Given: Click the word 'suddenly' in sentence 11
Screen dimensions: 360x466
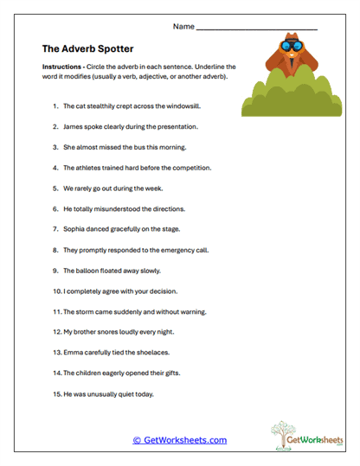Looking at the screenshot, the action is [x=125, y=312].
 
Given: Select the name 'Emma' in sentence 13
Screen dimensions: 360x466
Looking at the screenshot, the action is [x=74, y=354].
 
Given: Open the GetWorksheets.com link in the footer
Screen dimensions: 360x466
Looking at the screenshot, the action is [x=179, y=440].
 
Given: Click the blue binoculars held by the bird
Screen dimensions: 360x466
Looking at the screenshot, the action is [x=290, y=47].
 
